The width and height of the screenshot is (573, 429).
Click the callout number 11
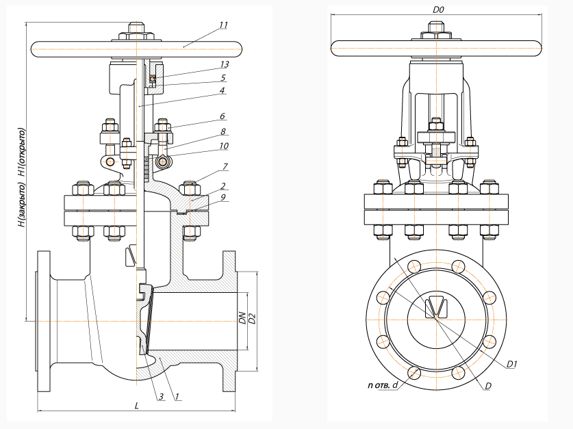(x=223, y=25)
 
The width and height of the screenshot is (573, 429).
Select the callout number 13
(x=223, y=64)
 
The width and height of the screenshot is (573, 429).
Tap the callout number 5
(x=223, y=78)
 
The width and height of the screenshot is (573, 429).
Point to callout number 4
(x=223, y=90)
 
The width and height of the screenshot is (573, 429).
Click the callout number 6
(x=223, y=117)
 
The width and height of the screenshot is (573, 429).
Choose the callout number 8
(x=223, y=131)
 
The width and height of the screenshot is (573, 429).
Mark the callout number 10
(x=223, y=146)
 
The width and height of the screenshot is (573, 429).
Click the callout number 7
(x=225, y=167)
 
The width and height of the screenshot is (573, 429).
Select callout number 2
(x=224, y=185)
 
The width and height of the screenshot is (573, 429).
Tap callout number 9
(x=224, y=198)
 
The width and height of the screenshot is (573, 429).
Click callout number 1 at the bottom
(x=177, y=397)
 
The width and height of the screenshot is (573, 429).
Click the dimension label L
(x=137, y=406)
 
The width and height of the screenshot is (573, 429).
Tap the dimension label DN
(x=242, y=317)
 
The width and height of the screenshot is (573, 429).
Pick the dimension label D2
(x=251, y=317)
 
